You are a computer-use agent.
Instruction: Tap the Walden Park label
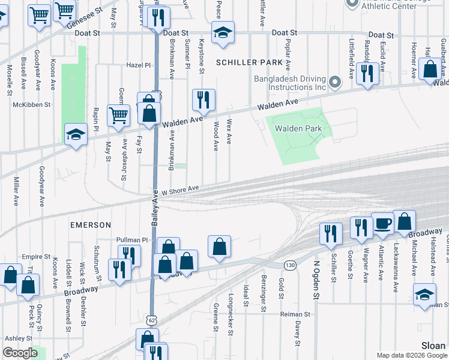(x=298, y=128)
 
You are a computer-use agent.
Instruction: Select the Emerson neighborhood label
(x=91, y=225)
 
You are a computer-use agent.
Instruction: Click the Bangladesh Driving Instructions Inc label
(x=289, y=83)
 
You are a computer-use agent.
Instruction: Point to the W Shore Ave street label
(x=179, y=188)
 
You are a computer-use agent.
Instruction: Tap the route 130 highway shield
(x=291, y=265)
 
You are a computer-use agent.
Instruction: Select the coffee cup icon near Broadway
(x=382, y=224)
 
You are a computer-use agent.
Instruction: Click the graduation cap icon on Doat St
(x=223, y=34)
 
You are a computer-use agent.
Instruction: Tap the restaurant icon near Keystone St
(x=203, y=99)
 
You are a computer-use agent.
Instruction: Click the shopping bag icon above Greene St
(x=220, y=246)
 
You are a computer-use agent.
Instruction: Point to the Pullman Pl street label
(x=132, y=240)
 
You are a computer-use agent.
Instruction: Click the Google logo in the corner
(x=20, y=353)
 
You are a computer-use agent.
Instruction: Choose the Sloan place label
(x=433, y=346)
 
